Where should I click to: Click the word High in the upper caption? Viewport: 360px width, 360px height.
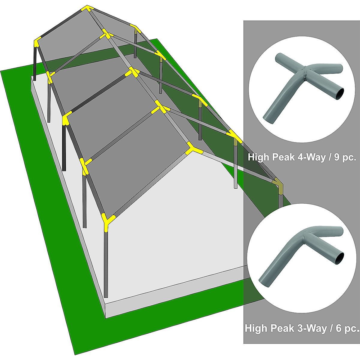click(259, 157)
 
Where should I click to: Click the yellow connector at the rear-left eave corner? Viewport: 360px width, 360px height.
click(37, 42)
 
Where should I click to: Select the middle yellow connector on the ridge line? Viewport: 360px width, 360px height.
click(132, 72)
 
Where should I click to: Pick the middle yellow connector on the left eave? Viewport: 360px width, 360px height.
click(66, 118)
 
